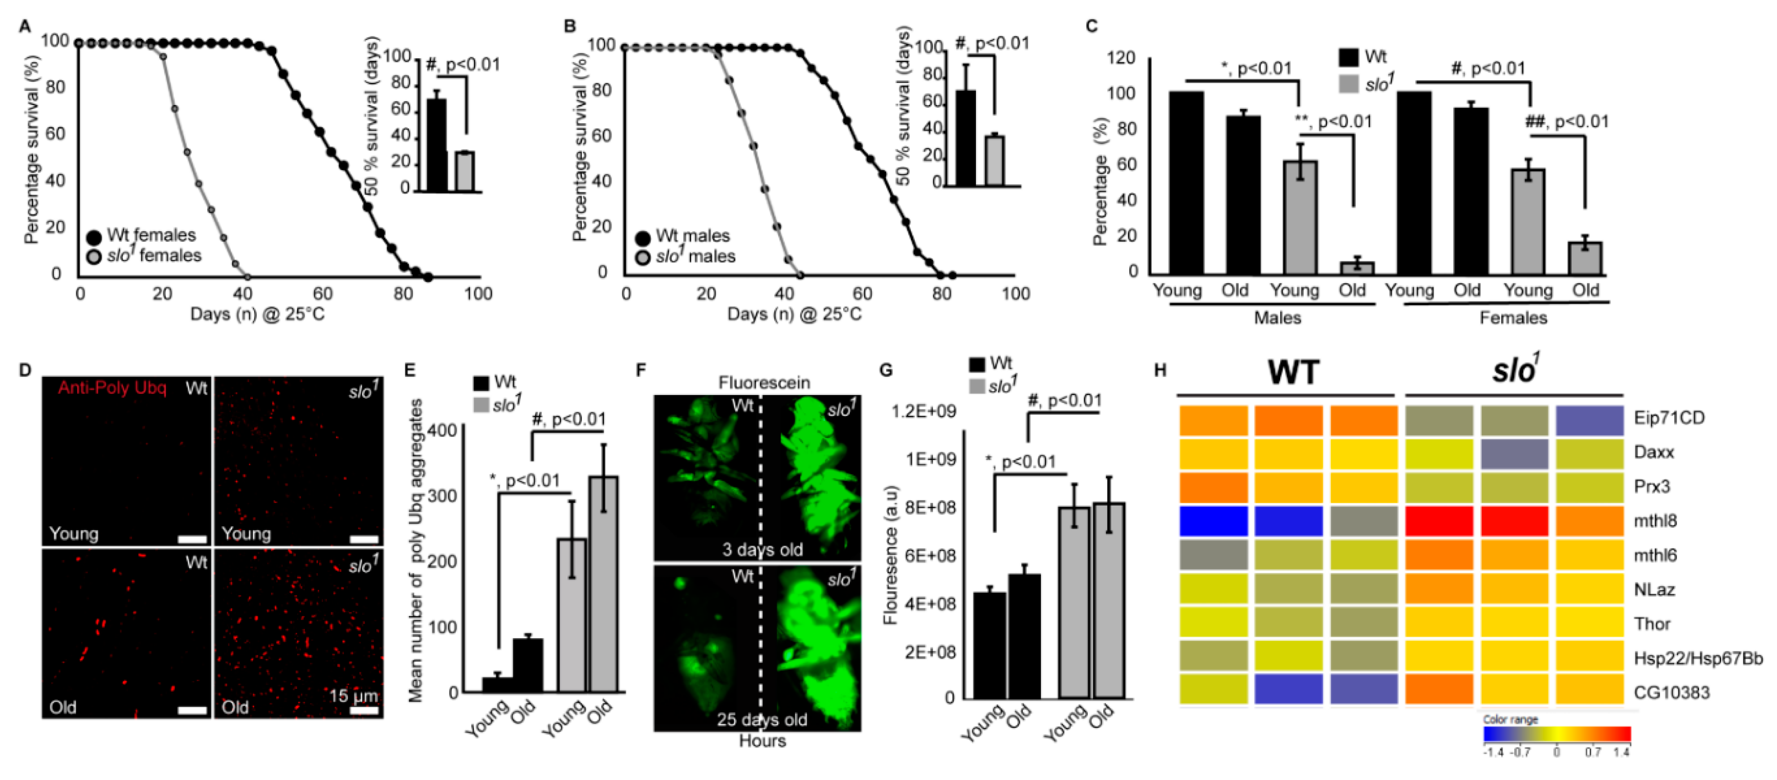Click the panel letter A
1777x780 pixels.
pyautogui.click(x=25, y=27)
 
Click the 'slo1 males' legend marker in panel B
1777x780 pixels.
pyautogui.click(x=643, y=258)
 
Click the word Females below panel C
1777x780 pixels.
pyautogui.click(x=1513, y=318)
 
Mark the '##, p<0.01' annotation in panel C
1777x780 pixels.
pyautogui.click(x=1566, y=122)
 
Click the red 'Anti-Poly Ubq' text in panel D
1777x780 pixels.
pyautogui.click(x=112, y=388)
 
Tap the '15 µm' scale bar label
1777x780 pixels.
pyautogui.click(x=353, y=696)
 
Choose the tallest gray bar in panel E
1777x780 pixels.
pyautogui.click(x=603, y=583)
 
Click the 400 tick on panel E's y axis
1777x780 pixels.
pyautogui.click(x=441, y=430)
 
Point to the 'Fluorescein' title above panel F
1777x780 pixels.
pyautogui.click(x=764, y=383)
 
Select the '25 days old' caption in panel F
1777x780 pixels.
pyautogui.click(x=761, y=719)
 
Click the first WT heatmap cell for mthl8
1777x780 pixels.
pyautogui.click(x=1213, y=522)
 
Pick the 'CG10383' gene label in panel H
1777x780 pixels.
pyautogui.click(x=1671, y=693)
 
